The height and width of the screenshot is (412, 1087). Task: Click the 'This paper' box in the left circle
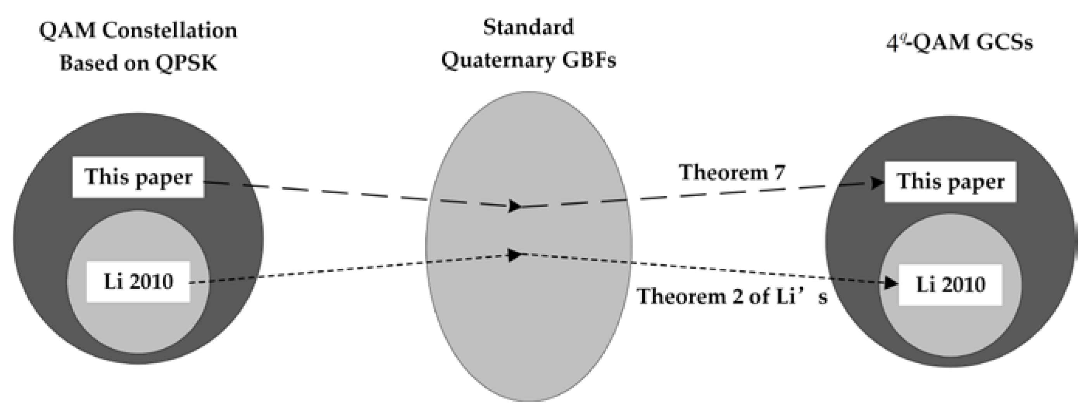(x=138, y=177)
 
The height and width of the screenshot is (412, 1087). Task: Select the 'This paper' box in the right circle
(x=950, y=182)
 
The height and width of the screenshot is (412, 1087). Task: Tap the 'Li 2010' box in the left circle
(x=138, y=282)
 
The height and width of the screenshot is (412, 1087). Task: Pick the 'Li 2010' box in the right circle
(x=950, y=285)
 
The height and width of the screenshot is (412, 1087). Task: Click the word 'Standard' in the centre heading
(x=528, y=28)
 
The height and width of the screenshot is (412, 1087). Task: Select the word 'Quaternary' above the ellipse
(x=496, y=60)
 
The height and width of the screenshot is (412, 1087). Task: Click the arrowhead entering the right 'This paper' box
(x=878, y=183)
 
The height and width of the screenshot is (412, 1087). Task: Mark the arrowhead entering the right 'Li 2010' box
(x=891, y=283)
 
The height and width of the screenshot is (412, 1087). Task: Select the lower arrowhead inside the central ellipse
(x=515, y=255)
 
